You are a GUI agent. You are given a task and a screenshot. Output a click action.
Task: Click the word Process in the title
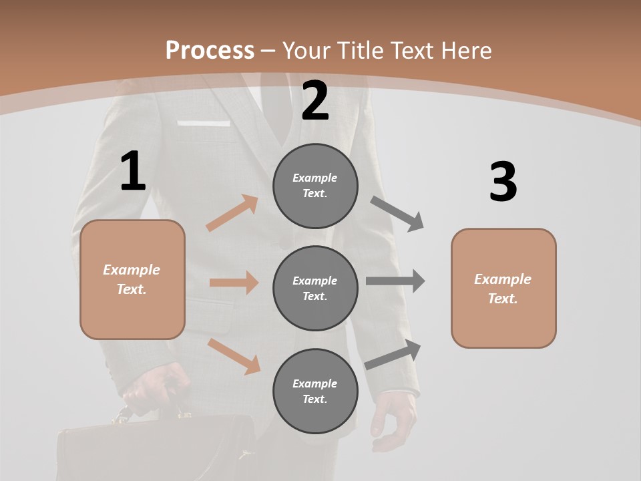click(210, 50)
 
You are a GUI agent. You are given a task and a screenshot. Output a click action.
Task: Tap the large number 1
click(133, 171)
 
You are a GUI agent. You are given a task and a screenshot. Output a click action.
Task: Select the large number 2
click(315, 100)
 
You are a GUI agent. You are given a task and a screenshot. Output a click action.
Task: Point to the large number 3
click(503, 182)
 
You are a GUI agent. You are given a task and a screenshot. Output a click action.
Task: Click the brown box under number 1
click(132, 279)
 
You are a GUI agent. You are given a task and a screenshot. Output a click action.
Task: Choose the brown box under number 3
click(503, 288)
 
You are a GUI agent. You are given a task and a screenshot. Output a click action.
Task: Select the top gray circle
click(315, 186)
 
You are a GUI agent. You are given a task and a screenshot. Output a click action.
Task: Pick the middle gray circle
click(315, 288)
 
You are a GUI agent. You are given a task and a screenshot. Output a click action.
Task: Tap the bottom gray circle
click(315, 391)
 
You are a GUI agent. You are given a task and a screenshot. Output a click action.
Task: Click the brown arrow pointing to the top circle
click(232, 213)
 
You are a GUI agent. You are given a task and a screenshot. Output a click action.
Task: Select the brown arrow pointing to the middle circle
click(234, 283)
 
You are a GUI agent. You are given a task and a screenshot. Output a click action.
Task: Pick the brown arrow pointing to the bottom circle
click(234, 356)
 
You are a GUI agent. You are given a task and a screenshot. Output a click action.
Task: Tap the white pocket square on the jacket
click(204, 123)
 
